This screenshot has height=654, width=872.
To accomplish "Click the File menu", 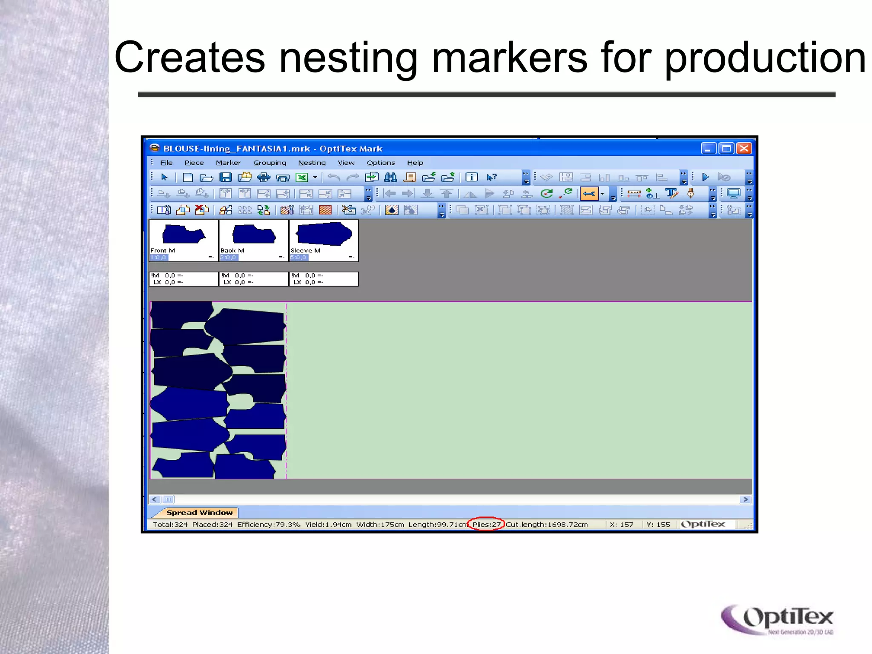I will pos(166,163).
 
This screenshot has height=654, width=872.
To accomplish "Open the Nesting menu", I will pos(312,163).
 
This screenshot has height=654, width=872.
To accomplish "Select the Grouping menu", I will pos(270,163).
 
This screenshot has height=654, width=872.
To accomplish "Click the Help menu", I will pos(415,163).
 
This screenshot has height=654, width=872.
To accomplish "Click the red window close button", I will pos(744,149).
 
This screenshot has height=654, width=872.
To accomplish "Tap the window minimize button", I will pos(708,149).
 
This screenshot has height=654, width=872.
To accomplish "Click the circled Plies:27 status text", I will pos(486,524).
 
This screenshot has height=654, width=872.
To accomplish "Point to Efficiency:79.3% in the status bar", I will pos(268,524).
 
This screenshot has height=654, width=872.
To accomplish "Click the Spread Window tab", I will pos(199,512).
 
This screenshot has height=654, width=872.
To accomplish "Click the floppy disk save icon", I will pos(225,178).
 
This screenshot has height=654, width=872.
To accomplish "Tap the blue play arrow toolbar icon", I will pos(705,177).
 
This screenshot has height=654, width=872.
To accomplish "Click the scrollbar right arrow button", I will pos(745,499).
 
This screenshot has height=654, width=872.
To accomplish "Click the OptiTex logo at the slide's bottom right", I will pos(777,620).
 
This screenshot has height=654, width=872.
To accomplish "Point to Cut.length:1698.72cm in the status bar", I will pos(547,524).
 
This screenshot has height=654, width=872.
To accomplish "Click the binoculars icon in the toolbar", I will pos(390,178).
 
